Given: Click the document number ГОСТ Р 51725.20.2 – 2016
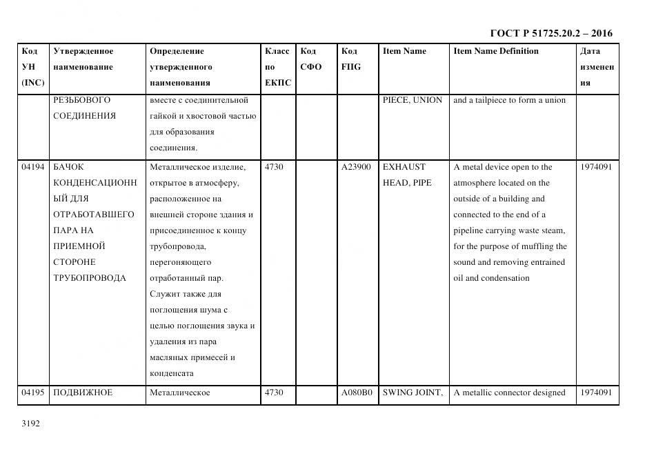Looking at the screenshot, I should [550, 33].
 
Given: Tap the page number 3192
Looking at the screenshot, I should [31, 424].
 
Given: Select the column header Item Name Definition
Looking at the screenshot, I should [496, 51].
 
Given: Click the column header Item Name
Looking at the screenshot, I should [404, 51].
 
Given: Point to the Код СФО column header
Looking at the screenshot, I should [311, 59].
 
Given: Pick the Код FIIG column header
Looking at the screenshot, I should [351, 59].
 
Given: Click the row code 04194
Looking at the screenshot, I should [32, 167].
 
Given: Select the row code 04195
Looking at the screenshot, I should [32, 393].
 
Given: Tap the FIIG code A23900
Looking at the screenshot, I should [356, 167].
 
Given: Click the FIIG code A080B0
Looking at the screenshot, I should [356, 393].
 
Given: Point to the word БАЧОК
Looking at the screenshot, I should [68, 167].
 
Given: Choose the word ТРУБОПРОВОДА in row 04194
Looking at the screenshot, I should [90, 278].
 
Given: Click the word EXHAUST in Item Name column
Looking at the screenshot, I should [404, 167].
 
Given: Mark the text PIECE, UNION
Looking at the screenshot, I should [413, 100].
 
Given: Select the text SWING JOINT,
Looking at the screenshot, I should [413, 393].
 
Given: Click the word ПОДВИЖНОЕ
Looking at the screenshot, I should [83, 393].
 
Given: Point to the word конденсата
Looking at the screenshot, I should [171, 373].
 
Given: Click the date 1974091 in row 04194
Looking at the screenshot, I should [595, 167].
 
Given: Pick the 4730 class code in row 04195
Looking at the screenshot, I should [274, 393].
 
